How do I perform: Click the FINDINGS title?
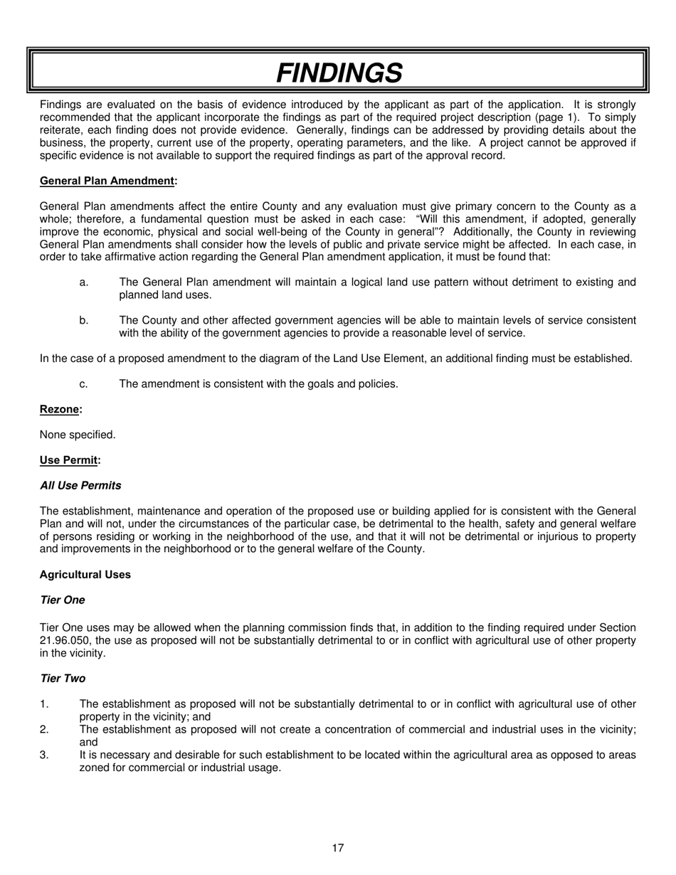click(339, 73)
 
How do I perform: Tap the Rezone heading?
click(60, 410)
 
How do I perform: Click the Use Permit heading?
click(70, 460)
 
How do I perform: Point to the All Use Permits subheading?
click(80, 486)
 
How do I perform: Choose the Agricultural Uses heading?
click(85, 575)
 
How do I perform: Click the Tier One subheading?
click(63, 600)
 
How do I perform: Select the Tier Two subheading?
click(63, 679)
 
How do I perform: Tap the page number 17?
click(338, 848)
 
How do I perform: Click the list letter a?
click(84, 282)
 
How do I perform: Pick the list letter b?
click(84, 321)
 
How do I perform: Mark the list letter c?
click(84, 384)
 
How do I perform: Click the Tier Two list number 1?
click(44, 704)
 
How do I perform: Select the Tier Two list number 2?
click(44, 730)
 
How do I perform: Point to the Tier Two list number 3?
click(44, 755)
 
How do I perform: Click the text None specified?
click(78, 435)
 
